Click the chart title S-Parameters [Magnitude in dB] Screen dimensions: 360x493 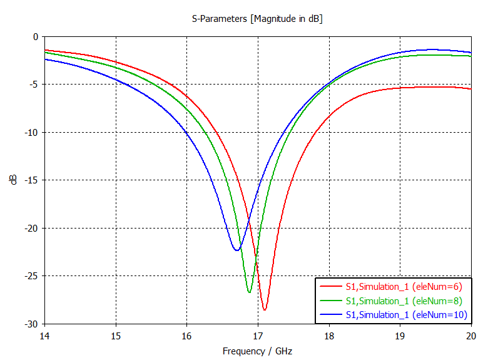(x=257, y=19)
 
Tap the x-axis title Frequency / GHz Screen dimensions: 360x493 (x=257, y=351)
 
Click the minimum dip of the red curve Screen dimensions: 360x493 (x=265, y=310)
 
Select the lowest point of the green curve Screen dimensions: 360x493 (x=249, y=292)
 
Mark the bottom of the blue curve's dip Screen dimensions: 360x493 (x=236, y=250)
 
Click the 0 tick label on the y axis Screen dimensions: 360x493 (x=36, y=37)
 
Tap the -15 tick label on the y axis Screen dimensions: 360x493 (x=31, y=180)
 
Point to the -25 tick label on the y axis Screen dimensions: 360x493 (x=31, y=276)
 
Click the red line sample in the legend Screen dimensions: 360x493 (x=331, y=287)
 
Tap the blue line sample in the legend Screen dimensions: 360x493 (x=331, y=314)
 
